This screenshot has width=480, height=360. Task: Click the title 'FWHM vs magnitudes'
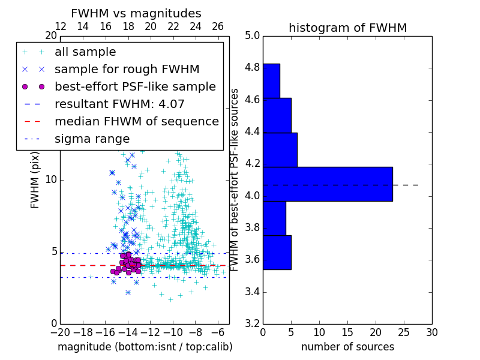coord(136,13)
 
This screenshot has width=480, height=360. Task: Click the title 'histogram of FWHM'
coord(347,28)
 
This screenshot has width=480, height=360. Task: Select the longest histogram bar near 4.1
coord(328,184)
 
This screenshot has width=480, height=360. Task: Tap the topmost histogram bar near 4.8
coord(271,80)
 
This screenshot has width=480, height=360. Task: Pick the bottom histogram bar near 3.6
coord(277,253)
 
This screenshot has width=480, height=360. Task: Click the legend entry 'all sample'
coord(85,52)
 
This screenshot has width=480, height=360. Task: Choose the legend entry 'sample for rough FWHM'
coord(127,69)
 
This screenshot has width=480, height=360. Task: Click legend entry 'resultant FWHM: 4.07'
coord(119,104)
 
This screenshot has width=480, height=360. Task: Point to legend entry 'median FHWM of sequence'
coord(136,121)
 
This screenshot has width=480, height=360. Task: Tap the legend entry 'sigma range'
coord(92,139)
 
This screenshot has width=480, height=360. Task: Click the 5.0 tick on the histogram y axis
coord(252,35)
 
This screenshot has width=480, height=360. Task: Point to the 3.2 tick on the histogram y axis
coord(252,323)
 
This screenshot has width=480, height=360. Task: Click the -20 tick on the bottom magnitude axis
coord(60,332)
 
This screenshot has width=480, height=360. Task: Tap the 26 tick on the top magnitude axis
coord(218,26)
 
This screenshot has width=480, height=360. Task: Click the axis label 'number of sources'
coord(347,347)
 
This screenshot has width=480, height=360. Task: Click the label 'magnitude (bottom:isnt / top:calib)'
coord(145,347)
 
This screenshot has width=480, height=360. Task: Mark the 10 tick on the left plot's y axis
coord(51,180)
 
